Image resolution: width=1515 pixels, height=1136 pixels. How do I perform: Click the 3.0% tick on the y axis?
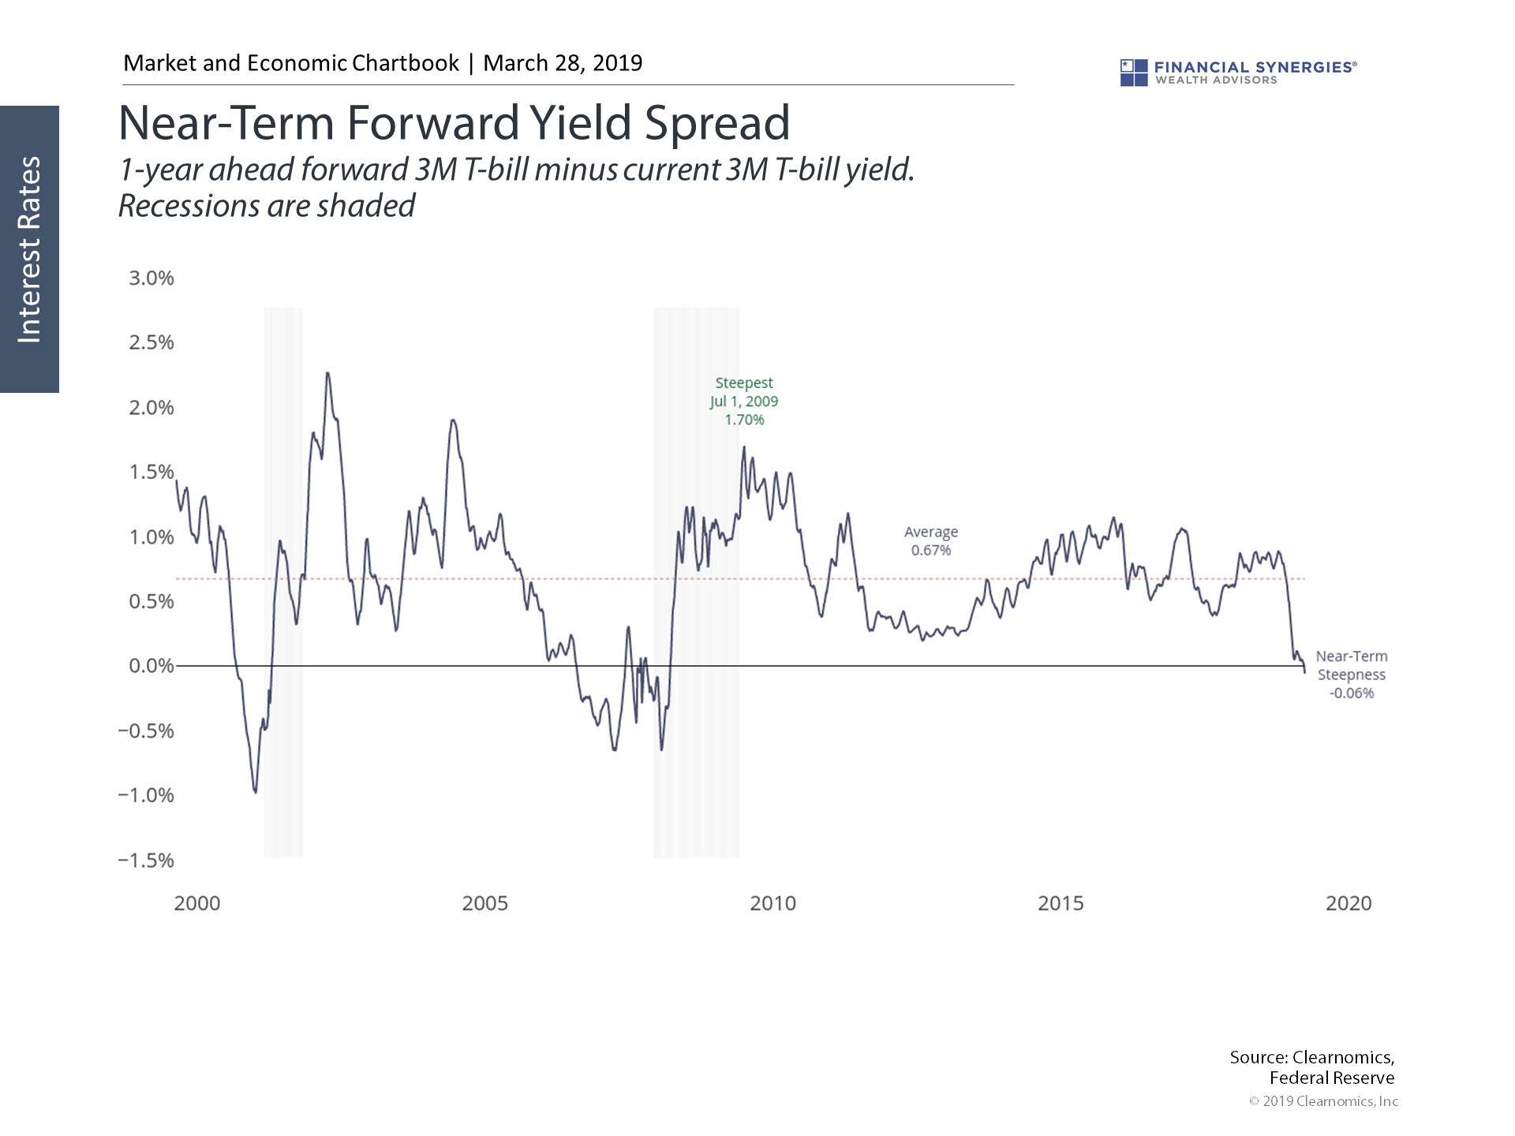tap(151, 278)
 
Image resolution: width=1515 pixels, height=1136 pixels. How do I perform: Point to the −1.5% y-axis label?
tap(146, 861)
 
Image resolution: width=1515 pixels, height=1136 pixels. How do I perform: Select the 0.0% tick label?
tap(151, 667)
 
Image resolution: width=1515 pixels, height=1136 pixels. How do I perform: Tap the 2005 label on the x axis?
tap(484, 904)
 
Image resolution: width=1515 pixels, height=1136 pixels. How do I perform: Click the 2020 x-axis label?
tap(1349, 904)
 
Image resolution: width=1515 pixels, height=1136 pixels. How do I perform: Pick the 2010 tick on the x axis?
tap(772, 904)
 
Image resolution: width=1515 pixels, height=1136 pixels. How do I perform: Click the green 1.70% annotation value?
tap(744, 420)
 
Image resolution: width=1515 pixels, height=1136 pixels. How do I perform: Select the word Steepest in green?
tap(744, 383)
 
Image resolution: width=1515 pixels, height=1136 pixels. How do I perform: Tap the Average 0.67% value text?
tap(931, 551)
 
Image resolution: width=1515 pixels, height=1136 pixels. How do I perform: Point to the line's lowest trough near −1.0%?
tap(255, 791)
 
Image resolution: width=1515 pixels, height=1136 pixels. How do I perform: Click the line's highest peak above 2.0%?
tap(327, 374)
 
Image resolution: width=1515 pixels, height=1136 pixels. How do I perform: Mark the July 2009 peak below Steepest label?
tap(743, 448)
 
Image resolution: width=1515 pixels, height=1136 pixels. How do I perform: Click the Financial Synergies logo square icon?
tap(1134, 73)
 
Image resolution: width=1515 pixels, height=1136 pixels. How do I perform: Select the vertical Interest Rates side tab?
tap(30, 249)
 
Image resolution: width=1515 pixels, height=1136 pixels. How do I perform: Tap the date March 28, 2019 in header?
tap(563, 63)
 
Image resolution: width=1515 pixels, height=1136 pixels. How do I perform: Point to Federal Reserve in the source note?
tap(1331, 1078)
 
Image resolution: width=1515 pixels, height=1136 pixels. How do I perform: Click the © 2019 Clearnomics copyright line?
tap(1323, 1101)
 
